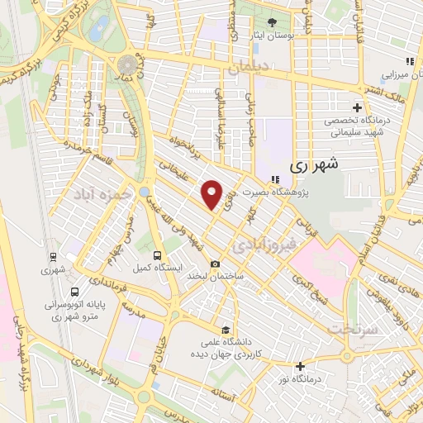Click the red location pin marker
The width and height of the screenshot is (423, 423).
click(212, 194)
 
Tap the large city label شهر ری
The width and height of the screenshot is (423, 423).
click(314, 165)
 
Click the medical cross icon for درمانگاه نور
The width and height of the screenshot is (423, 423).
click(300, 366)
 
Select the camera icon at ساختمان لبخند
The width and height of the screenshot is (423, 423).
click(216, 264)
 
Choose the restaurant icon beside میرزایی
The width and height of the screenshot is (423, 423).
click(408, 62)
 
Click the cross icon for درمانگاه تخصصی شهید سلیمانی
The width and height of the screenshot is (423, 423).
click(357, 107)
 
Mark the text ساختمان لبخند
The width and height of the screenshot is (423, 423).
click(215, 278)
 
